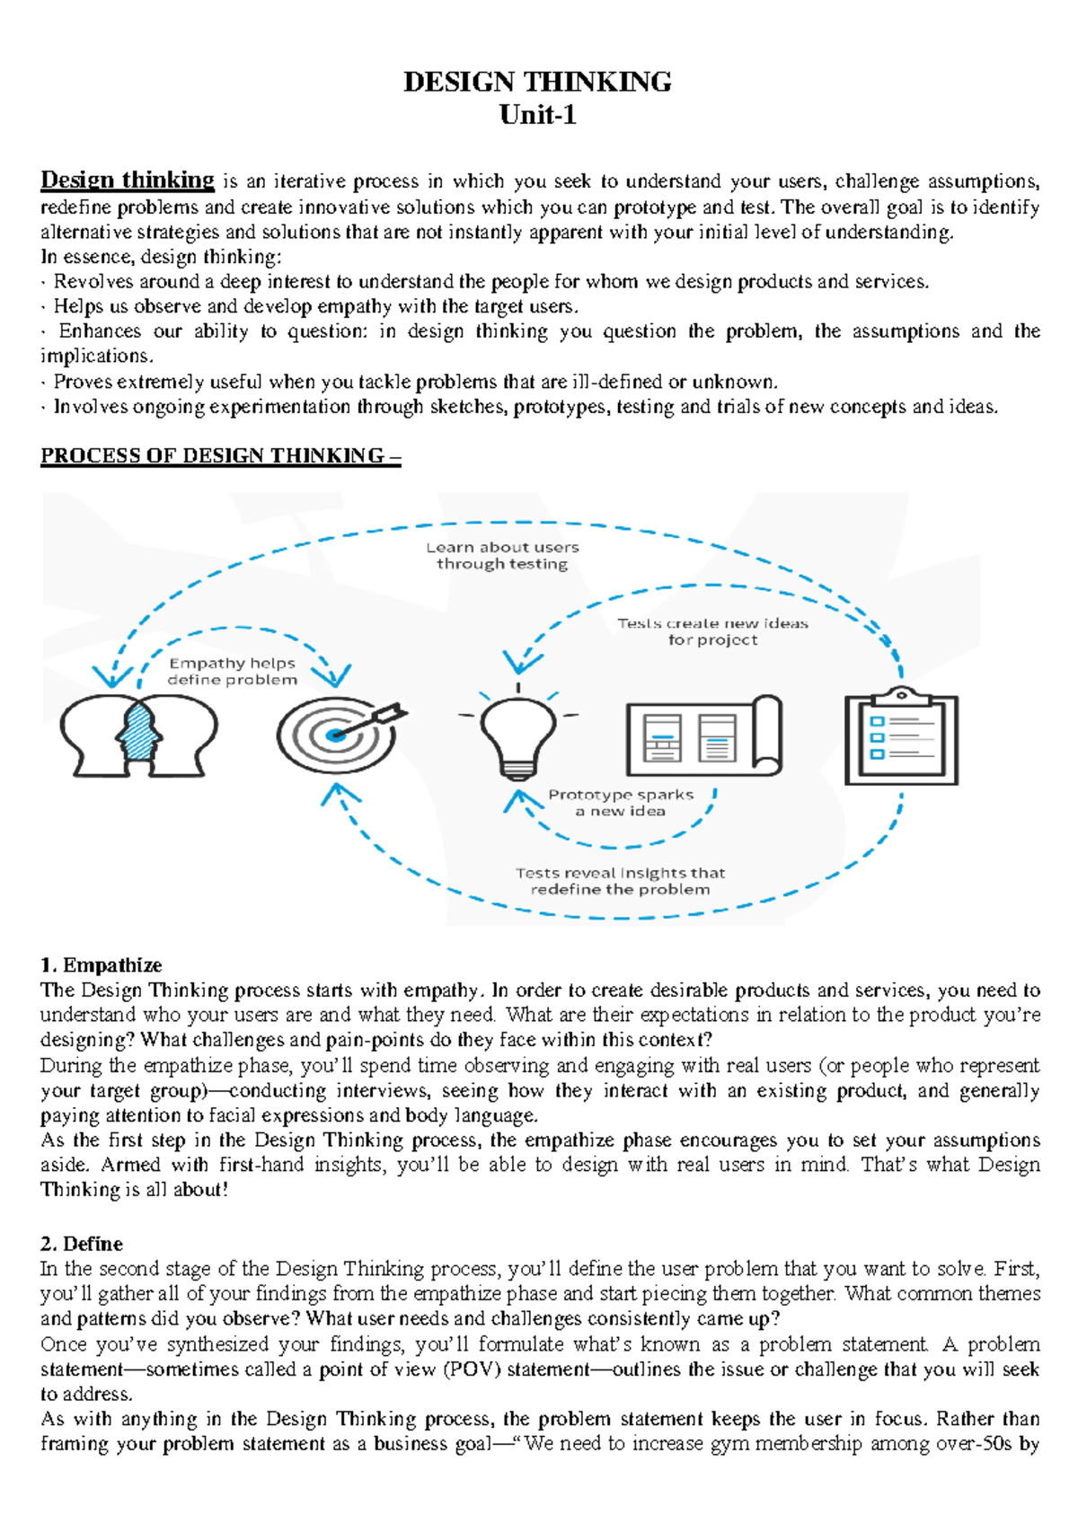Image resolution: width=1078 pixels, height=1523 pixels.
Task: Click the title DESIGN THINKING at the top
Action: (537, 82)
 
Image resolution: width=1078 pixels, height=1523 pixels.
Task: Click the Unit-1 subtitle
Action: (537, 115)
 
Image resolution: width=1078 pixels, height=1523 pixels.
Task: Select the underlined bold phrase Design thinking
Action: (128, 180)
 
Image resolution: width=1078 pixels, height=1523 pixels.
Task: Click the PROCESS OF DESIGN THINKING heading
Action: (220, 456)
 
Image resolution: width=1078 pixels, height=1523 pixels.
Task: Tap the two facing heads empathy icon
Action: (138, 735)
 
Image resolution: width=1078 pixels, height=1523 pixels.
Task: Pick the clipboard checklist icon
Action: (901, 736)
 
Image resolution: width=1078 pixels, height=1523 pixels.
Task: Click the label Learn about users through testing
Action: (502, 556)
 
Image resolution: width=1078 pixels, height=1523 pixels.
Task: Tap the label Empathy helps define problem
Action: (232, 672)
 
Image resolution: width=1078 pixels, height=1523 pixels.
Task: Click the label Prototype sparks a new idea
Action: (621, 803)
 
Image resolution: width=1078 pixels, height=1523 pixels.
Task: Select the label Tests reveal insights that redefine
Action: (620, 881)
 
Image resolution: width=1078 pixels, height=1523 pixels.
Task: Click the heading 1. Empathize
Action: (101, 965)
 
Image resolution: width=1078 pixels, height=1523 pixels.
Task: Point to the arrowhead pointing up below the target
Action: (339, 792)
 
